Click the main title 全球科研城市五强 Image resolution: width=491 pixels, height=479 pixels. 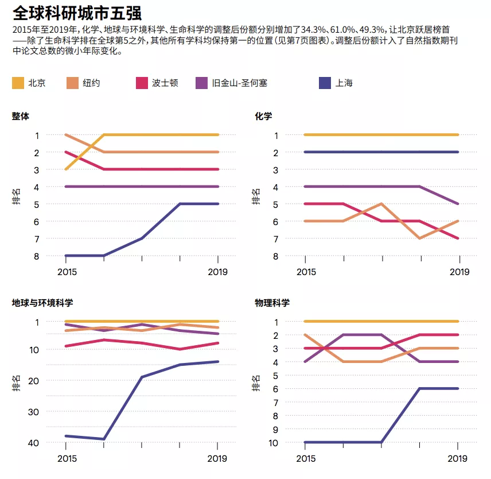click(x=77, y=13)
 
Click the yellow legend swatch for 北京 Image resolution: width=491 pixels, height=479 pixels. click(x=18, y=83)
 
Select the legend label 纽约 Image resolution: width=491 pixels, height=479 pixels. click(x=92, y=83)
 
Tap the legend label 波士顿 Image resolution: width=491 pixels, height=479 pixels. click(x=165, y=83)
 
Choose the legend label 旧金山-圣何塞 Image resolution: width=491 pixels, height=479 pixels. click(x=239, y=83)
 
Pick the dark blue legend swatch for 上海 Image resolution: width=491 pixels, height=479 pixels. click(x=324, y=83)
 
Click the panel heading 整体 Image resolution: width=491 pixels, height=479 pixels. click(x=21, y=116)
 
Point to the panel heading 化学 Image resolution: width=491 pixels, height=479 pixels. click(x=263, y=116)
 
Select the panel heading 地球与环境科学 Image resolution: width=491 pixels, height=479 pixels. click(x=42, y=303)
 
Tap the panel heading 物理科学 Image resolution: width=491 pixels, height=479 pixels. click(x=272, y=303)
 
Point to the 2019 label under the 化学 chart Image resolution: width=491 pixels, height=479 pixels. click(x=458, y=272)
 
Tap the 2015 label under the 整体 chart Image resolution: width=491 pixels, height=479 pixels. click(x=67, y=272)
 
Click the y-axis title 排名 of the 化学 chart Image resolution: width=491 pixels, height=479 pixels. click(x=256, y=197)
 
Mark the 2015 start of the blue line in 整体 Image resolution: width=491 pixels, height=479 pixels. click(x=67, y=256)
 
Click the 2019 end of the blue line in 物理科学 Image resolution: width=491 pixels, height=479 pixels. click(x=458, y=388)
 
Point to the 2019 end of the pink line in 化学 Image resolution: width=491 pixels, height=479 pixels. click(x=458, y=238)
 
